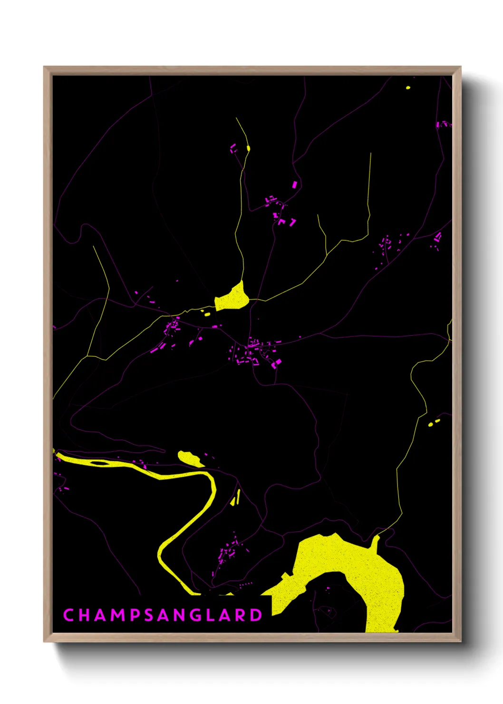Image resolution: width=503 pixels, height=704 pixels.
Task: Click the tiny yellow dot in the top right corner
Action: pyautogui.click(x=408, y=88)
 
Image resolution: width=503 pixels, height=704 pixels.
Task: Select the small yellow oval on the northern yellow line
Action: pyautogui.click(x=248, y=148)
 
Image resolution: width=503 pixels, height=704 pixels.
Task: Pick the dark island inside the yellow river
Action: pyautogui.click(x=99, y=462)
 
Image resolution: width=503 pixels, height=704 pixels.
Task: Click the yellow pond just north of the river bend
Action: pyautogui.click(x=189, y=458)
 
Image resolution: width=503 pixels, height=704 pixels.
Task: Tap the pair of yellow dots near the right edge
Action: pyautogui.click(x=434, y=422)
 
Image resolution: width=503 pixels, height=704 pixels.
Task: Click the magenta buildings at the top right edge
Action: pyautogui.click(x=443, y=124)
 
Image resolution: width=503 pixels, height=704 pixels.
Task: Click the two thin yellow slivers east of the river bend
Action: pyautogui.click(x=235, y=498)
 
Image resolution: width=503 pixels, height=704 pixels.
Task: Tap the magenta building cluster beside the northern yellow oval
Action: pyautogui.click(x=233, y=148)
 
